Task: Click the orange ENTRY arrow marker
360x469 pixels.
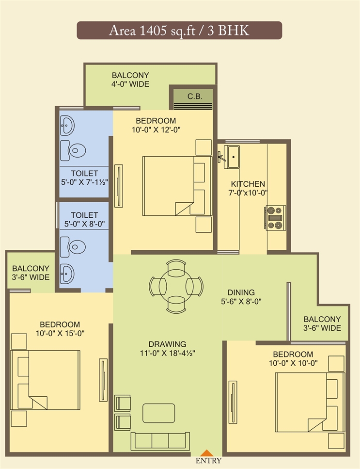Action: (206, 453)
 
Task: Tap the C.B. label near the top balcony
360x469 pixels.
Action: (195, 97)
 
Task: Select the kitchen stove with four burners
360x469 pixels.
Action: (275, 217)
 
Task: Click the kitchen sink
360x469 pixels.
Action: (232, 157)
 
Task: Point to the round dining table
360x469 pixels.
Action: (176, 286)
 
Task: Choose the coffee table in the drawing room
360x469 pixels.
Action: (159, 413)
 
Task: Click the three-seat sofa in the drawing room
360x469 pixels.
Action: (160, 441)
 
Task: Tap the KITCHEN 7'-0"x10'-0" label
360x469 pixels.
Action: (248, 188)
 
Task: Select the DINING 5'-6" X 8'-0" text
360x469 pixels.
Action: (241, 297)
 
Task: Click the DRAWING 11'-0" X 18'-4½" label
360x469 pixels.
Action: (167, 348)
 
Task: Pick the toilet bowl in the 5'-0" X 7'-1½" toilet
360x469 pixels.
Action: (73, 150)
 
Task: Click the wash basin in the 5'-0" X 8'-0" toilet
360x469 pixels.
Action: (67, 274)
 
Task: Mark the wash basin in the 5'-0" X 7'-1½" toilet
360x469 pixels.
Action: (67, 125)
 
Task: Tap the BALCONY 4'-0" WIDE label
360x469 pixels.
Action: (130, 80)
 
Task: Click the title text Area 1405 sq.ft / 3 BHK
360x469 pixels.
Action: (179, 30)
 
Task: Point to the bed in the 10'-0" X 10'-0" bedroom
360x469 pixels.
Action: (310, 402)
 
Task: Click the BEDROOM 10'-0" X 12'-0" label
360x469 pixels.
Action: (156, 125)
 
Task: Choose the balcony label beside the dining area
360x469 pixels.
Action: (322, 323)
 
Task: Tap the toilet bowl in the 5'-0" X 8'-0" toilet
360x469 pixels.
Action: (73, 247)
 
